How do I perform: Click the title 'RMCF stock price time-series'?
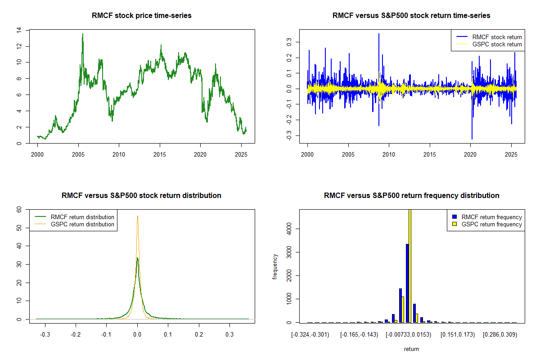tap(142, 16)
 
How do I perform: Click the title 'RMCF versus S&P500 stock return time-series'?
tap(411, 16)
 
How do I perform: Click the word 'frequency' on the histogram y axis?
tap(275, 266)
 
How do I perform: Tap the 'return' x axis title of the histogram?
tap(411, 349)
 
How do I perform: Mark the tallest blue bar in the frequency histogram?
tap(407, 283)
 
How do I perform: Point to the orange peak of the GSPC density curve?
tap(138, 216)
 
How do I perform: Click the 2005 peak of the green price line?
tap(83, 34)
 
